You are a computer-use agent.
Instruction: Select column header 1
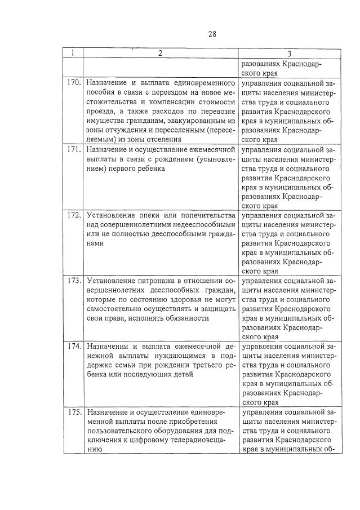[73, 54]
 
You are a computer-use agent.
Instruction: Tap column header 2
[161, 54]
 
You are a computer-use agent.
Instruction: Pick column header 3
[289, 54]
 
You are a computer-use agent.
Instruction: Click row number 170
[73, 83]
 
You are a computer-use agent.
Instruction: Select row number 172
[73, 216]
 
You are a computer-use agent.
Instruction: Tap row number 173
[73, 280]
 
